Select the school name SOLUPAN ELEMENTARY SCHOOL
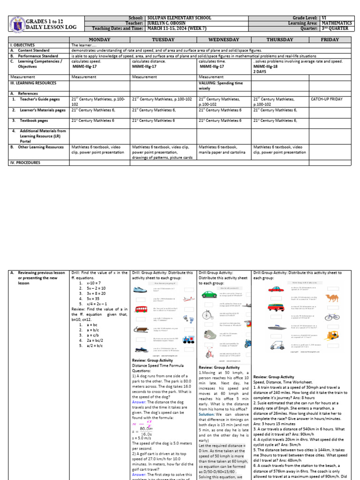point(179,18)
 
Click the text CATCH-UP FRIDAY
point(327,99)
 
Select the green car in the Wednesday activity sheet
point(209,294)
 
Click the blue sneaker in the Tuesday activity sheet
point(142,291)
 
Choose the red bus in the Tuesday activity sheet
point(142,309)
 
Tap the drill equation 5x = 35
point(90,298)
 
